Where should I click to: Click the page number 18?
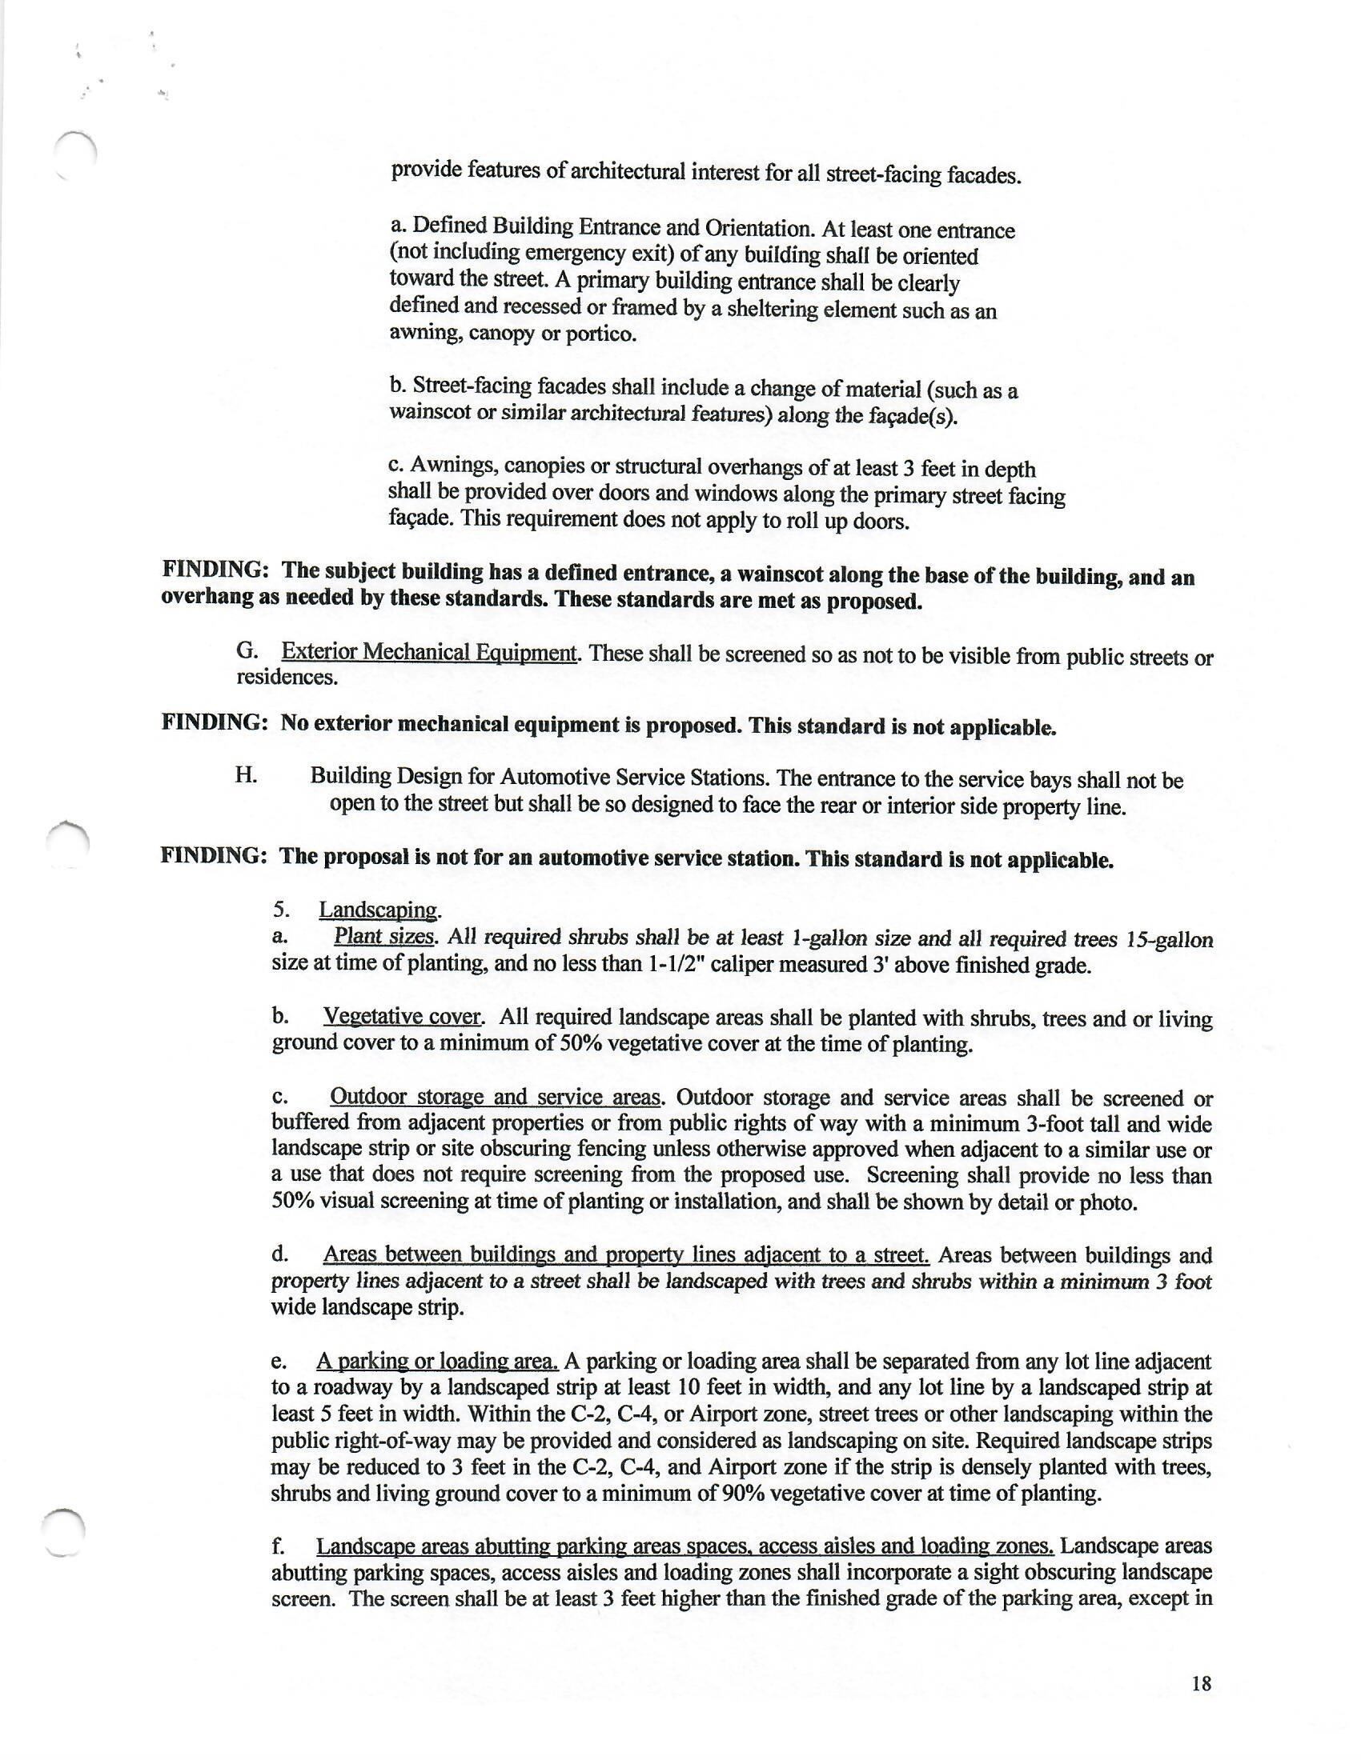1201,1682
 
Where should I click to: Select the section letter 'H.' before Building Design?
247,775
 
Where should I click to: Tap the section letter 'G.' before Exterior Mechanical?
247,650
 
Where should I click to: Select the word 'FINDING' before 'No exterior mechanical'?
215,722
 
